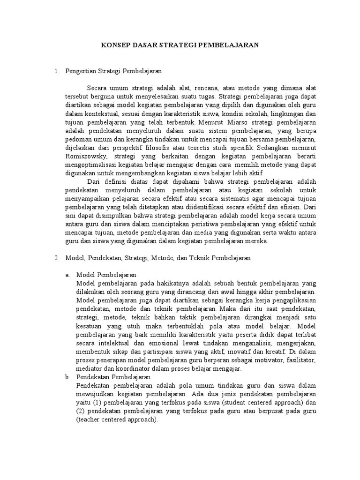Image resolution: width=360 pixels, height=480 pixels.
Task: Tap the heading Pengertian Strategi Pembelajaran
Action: click(x=113, y=71)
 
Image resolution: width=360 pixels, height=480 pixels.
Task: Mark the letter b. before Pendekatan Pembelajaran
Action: click(x=68, y=377)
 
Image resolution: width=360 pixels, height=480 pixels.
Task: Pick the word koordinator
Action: click(x=126, y=368)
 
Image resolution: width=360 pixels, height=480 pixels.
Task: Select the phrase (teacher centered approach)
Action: click(x=116, y=420)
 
